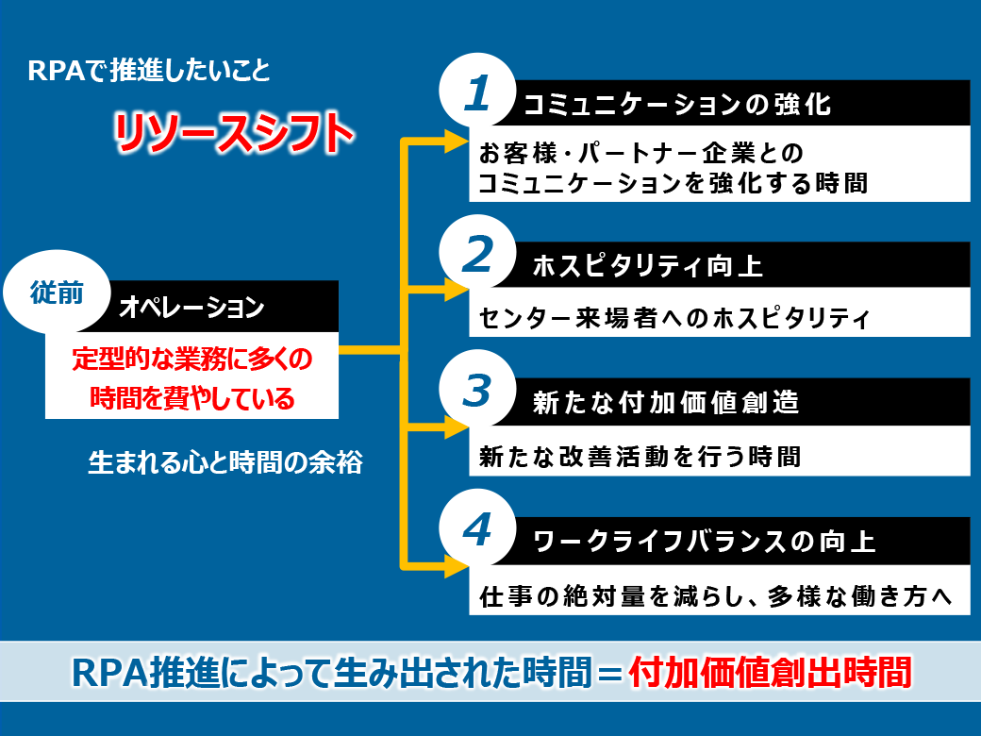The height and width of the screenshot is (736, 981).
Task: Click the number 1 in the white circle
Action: [x=476, y=93]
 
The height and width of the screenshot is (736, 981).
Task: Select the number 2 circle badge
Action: [x=477, y=254]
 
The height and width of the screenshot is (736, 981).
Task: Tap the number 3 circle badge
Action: [x=477, y=389]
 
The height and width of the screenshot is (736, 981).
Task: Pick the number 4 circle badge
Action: [x=477, y=528]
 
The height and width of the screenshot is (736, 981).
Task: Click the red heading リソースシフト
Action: [x=234, y=133]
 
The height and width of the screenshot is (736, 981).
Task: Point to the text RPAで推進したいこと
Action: [x=149, y=70]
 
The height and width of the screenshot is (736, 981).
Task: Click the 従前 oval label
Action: [x=57, y=292]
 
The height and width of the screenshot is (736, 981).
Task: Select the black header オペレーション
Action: [x=191, y=307]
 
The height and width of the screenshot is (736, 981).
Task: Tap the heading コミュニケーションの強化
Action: [x=677, y=104]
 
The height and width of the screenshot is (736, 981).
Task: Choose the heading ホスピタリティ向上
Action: [x=647, y=266]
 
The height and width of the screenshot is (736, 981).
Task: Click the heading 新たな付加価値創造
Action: [x=666, y=402]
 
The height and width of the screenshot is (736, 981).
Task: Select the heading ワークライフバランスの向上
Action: [x=704, y=542]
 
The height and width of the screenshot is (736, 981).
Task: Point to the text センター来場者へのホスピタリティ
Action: [x=674, y=318]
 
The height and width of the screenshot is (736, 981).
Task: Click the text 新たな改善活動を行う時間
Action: [x=640, y=457]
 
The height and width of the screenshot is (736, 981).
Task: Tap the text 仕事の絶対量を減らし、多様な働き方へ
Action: [x=716, y=595]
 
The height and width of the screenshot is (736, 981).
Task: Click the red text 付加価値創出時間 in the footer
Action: [x=770, y=672]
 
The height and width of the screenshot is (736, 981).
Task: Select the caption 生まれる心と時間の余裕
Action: [x=225, y=462]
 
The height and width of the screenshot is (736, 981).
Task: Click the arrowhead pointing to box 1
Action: [x=457, y=142]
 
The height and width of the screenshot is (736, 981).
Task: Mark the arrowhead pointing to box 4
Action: [x=457, y=566]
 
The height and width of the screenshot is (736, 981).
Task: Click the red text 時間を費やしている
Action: [x=192, y=398]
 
